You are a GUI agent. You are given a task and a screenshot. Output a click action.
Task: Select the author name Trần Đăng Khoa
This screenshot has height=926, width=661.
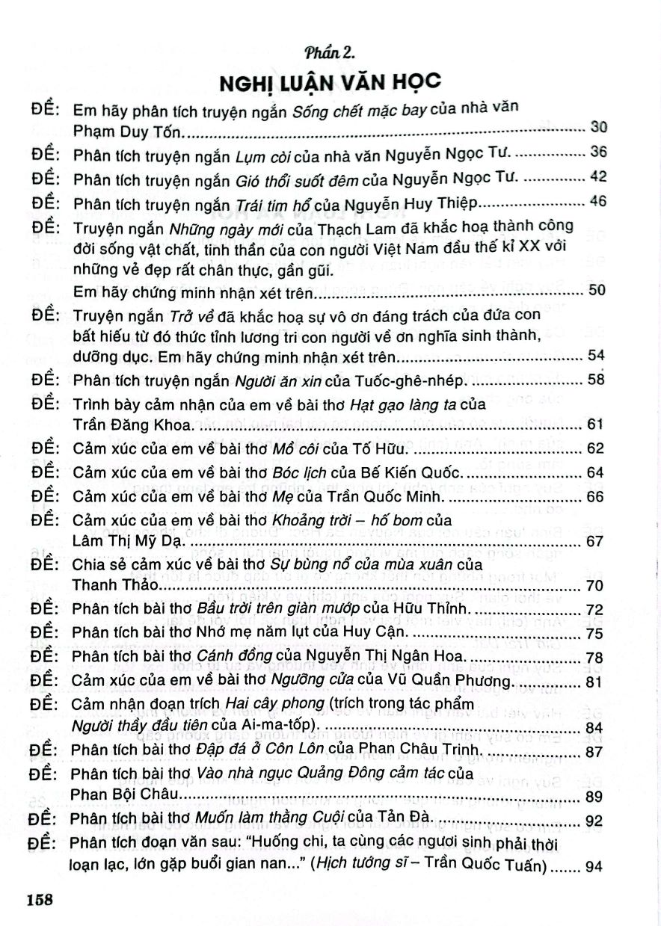click(x=123, y=425)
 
